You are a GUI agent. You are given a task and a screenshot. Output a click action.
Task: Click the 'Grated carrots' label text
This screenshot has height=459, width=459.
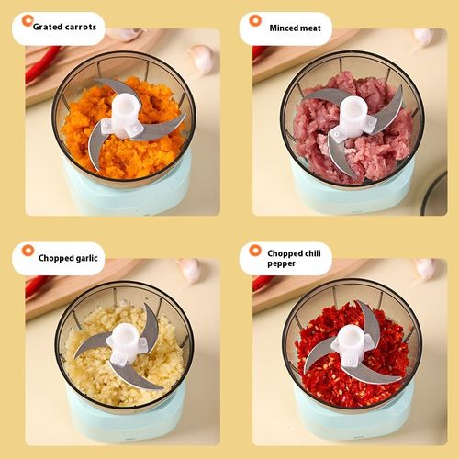coord(63,28)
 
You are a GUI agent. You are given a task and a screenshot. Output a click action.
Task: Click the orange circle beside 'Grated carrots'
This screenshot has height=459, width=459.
coord(27,20)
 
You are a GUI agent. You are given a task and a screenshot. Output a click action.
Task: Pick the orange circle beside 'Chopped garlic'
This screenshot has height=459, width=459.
coord(27,251)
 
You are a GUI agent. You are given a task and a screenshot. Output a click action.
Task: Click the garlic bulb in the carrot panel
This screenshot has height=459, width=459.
coord(201,58)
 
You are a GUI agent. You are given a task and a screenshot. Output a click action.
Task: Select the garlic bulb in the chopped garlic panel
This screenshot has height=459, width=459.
coord(189,269)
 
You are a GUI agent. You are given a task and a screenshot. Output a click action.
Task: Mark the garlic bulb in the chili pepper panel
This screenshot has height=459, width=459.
coord(424,268)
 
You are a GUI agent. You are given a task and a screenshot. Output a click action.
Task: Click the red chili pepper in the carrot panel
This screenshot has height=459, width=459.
coord(41,64)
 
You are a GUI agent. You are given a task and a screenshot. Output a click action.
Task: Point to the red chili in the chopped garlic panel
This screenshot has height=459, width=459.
coord(37,285)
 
